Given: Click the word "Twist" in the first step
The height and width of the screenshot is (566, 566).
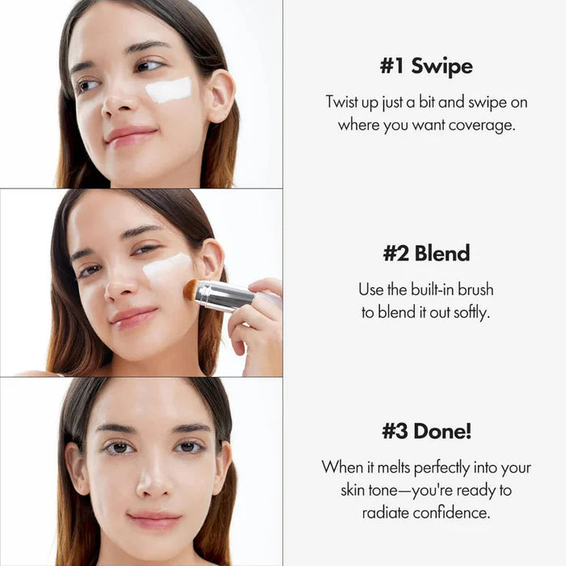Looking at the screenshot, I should click(x=344, y=102).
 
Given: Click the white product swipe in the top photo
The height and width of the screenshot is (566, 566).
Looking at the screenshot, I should click(x=168, y=90).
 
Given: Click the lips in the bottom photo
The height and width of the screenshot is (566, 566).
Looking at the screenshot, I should click(x=154, y=519).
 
